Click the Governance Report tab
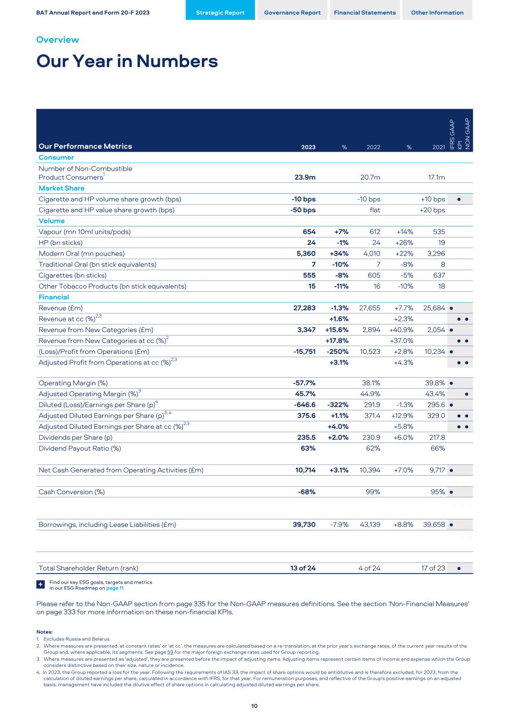[x=292, y=13]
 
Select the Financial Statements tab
[x=365, y=13]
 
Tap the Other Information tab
[x=437, y=13]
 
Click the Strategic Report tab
[x=220, y=13]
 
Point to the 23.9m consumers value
[x=305, y=178]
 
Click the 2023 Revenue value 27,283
[x=305, y=308]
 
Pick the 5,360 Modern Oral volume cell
[x=305, y=254]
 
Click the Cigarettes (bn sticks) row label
[x=72, y=275]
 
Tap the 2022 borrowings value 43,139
[x=369, y=525]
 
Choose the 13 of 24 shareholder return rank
[x=303, y=568]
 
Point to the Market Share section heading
[x=61, y=188]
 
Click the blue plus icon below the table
[x=41, y=585]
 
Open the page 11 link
[x=115, y=588]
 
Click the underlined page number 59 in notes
[x=170, y=652]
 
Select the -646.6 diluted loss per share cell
[x=305, y=405]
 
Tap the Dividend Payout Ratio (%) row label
[x=80, y=449]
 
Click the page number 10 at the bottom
[x=254, y=706]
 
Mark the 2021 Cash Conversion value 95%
[x=438, y=492]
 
